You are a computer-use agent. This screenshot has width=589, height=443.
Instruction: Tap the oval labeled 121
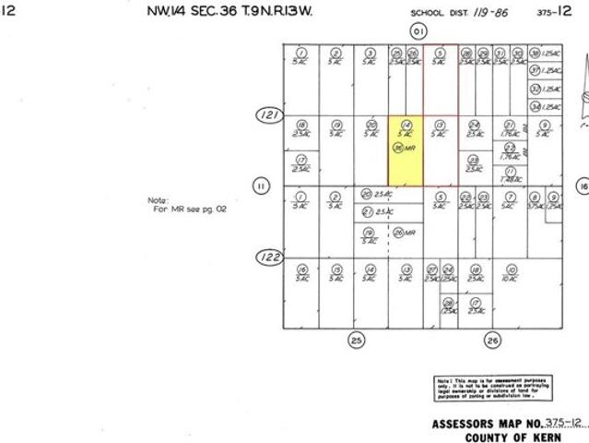pos(268,115)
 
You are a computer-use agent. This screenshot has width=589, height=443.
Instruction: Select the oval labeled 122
pos(268,257)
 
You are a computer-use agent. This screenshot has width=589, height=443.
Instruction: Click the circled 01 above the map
pos(419,31)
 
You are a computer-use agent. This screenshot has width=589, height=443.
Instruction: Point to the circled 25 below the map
pos(357,341)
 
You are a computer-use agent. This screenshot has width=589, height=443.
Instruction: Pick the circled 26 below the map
pos(492,341)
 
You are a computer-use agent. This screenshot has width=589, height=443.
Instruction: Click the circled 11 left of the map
pos(262,186)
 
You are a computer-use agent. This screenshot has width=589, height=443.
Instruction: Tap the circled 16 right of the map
pos(583,186)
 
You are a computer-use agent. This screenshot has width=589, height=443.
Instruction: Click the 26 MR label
pos(402,233)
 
